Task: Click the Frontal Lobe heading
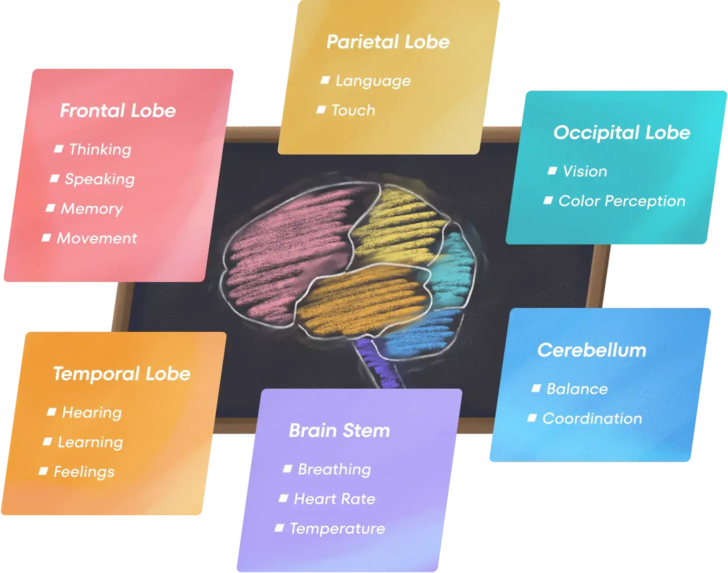pyautogui.click(x=118, y=111)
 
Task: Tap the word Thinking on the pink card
pyautogui.click(x=100, y=149)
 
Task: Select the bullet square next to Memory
pyautogui.click(x=50, y=208)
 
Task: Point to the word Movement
pyautogui.click(x=97, y=238)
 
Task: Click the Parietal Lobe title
pyautogui.click(x=387, y=42)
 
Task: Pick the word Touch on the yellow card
pyautogui.click(x=353, y=110)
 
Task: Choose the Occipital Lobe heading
pyautogui.click(x=621, y=133)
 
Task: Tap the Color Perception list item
pyautogui.click(x=621, y=201)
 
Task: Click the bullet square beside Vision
pyautogui.click(x=552, y=171)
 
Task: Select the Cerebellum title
pyautogui.click(x=592, y=350)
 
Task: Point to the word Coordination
pyautogui.click(x=592, y=419)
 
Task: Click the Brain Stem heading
pyautogui.click(x=339, y=430)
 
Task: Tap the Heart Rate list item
pyautogui.click(x=335, y=499)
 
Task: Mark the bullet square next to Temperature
pyautogui.click(x=279, y=528)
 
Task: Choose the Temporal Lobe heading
pyautogui.click(x=121, y=374)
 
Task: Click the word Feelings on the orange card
pyautogui.click(x=84, y=472)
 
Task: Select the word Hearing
pyautogui.click(x=92, y=413)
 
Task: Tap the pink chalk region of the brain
pyautogui.click(x=279, y=249)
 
